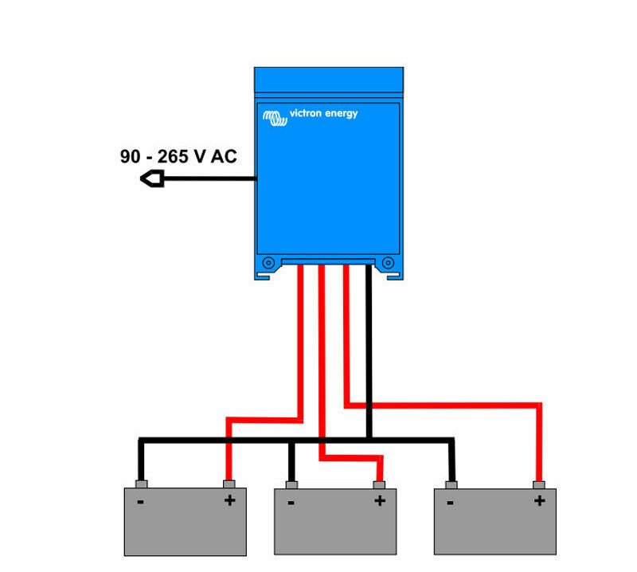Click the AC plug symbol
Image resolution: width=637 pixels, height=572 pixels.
coord(152,178)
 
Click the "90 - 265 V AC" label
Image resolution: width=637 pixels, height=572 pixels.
coord(178,156)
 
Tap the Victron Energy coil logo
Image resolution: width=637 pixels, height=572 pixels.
coord(275,118)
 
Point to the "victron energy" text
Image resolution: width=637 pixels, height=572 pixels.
coord(323,113)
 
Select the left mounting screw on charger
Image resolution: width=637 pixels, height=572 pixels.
coord(268,263)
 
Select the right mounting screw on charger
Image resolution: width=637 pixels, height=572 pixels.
coord(388,263)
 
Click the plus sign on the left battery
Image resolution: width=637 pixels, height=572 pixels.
coord(230,500)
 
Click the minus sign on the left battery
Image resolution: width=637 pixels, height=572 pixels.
coord(141,503)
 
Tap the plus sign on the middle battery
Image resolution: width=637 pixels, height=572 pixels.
coord(380,500)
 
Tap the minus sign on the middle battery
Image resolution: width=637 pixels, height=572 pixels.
coord(291,503)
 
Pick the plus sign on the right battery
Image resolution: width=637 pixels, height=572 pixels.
coord(540,500)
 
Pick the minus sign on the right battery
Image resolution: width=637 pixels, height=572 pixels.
coord(450,503)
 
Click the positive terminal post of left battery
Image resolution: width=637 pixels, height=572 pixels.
coord(229,484)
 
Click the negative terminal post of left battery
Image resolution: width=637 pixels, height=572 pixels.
coord(142,484)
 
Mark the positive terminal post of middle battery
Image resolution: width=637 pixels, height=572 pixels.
coord(379,485)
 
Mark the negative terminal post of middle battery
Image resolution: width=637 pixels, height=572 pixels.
coord(291,485)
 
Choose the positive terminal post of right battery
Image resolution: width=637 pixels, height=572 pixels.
coord(539,485)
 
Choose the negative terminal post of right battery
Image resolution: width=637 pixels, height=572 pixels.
coord(451,485)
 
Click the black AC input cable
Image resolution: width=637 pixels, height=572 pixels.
coord(209,178)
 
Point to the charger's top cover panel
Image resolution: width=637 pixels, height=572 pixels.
coord(329,80)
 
